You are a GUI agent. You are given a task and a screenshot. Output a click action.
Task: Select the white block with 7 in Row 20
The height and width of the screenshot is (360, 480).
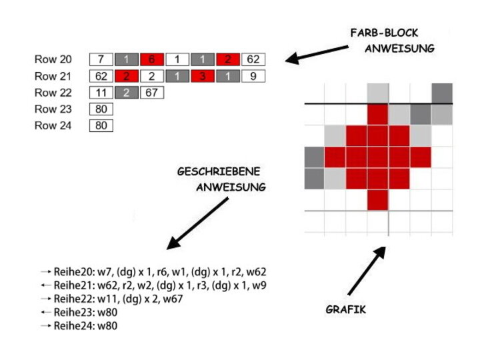(101, 59)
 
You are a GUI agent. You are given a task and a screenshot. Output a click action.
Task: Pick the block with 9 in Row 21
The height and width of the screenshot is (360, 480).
(253, 76)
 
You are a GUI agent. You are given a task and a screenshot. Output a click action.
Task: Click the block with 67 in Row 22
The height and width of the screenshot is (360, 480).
(152, 93)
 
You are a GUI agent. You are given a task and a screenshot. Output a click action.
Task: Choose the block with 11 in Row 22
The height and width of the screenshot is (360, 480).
(101, 93)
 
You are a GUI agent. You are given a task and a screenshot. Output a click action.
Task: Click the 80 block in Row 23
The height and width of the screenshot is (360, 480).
(101, 109)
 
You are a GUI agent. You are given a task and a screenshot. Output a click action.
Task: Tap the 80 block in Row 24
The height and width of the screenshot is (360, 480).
(101, 125)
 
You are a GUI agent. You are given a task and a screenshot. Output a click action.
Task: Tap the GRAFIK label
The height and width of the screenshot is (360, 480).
(345, 309)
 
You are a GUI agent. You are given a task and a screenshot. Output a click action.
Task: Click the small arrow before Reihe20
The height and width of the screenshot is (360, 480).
(46, 273)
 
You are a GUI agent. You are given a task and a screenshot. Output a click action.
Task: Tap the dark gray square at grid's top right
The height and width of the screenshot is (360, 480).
(441, 93)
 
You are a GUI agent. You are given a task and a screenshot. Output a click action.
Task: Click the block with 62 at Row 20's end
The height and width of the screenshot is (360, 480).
(253, 59)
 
